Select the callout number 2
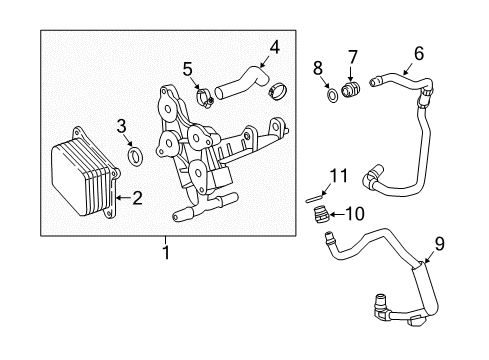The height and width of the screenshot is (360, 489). pos(137,198)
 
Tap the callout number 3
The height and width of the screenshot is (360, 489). pos(120,125)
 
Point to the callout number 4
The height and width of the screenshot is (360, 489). pos(274,45)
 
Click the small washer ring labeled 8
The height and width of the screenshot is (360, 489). pos(330,98)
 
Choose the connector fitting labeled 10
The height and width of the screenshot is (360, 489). pos(320,212)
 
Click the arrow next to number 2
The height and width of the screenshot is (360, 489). pos(120,198)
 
